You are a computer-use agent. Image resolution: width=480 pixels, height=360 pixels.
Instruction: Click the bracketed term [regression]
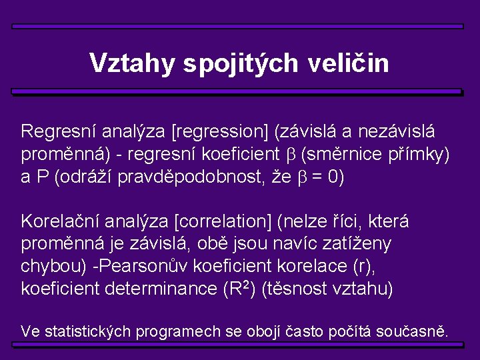(x=220, y=131)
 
